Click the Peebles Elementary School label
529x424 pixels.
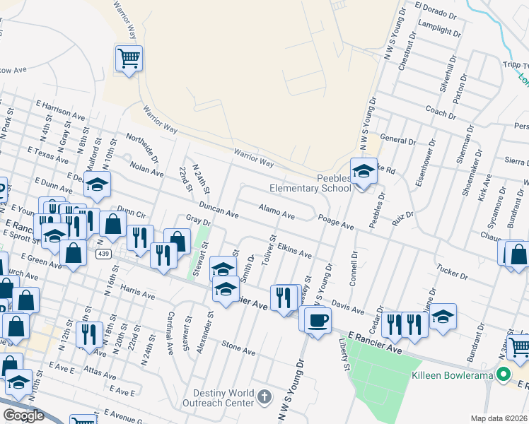pyautogui.click(x=310, y=183)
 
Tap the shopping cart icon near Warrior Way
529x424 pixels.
pyautogui.click(x=129, y=58)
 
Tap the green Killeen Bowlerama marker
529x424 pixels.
pyautogui.click(x=504, y=375)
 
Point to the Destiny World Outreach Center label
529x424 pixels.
pyautogui.click(x=221, y=398)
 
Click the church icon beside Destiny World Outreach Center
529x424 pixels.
pyautogui.click(x=264, y=396)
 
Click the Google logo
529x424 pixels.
pyautogui.click(x=23, y=416)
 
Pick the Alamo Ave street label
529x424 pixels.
pyautogui.click(x=276, y=210)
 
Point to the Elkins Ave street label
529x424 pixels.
pyautogui.click(x=295, y=251)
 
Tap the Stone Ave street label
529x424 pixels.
pyautogui.click(x=238, y=348)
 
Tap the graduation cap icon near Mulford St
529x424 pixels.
pyautogui.click(x=98, y=184)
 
